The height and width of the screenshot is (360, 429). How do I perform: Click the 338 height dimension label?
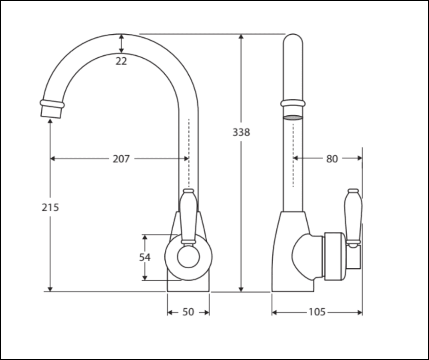[x=241, y=132]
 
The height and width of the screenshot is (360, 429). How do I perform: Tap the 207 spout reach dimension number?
[x=121, y=159]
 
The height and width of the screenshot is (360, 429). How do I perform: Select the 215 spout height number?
[x=50, y=207]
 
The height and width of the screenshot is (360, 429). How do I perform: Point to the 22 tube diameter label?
[x=121, y=61]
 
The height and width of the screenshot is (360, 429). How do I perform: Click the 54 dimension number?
[x=145, y=257]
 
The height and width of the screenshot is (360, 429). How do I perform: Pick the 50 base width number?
[x=188, y=312]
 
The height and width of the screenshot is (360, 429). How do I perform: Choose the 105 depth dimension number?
[x=317, y=312]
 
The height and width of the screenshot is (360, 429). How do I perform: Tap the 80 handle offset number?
[x=332, y=159]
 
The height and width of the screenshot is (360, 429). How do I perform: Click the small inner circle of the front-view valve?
[x=188, y=257]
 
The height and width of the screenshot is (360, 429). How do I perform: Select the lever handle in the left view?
[x=188, y=216]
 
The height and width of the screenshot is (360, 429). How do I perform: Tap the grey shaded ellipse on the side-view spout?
[x=293, y=117]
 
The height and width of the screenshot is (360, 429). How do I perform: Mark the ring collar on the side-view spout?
[x=293, y=103]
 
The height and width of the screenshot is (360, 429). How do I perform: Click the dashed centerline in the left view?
[x=189, y=153]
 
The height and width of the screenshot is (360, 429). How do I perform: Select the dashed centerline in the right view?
[x=293, y=155]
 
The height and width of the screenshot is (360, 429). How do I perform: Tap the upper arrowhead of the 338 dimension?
[x=241, y=37]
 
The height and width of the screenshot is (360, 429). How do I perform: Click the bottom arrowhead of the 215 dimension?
[x=50, y=289]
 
